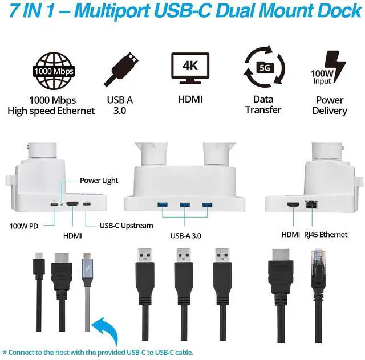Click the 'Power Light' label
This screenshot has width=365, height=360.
pos(99,181)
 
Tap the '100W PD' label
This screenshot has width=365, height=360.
pos(24,226)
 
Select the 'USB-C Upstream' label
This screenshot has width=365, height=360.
pos(126,226)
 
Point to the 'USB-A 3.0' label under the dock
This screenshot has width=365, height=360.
pos(186,234)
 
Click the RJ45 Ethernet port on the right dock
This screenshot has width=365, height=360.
pos(311,203)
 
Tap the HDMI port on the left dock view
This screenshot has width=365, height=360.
pos(72,204)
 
